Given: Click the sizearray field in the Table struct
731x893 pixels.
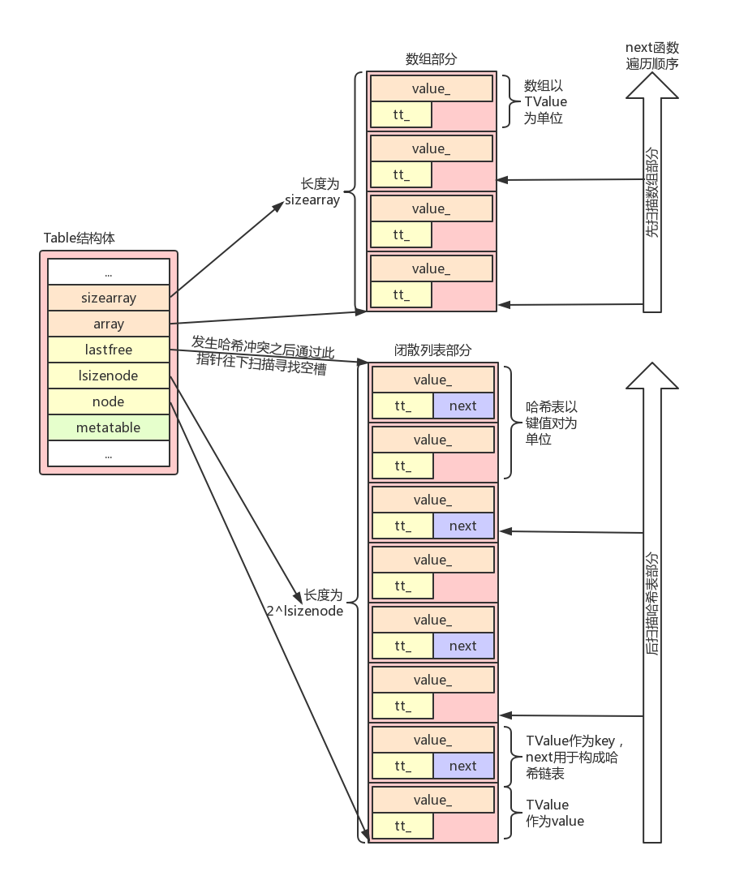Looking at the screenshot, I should click(109, 298).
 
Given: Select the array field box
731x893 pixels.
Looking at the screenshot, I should click(109, 324).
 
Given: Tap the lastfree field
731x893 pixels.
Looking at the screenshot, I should click(109, 350).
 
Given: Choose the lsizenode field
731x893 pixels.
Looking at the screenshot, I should click(109, 376).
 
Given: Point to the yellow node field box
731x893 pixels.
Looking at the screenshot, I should click(109, 401).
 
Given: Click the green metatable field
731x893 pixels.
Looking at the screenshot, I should click(109, 427).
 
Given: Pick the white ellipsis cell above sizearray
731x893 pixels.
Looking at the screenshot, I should click(109, 272).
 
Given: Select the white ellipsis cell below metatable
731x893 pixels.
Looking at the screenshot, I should click(109, 453).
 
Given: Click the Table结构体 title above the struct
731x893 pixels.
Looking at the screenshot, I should click(80, 238).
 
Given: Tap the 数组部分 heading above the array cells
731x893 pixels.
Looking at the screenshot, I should click(431, 59).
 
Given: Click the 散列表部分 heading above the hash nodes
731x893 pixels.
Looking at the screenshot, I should click(432, 350).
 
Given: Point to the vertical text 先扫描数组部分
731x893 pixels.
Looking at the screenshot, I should click(652, 192).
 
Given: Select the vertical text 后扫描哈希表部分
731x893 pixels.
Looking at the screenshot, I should click(652, 603).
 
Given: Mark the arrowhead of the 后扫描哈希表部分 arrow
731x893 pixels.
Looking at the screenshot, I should click(652, 376).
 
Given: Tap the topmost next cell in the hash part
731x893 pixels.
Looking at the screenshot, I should click(463, 406).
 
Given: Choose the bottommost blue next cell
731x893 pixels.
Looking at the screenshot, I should click(463, 766).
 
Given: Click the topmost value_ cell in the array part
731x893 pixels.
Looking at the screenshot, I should click(431, 88).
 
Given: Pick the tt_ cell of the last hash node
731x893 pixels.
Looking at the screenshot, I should click(402, 826).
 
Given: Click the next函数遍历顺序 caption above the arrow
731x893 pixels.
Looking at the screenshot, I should click(652, 55).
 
